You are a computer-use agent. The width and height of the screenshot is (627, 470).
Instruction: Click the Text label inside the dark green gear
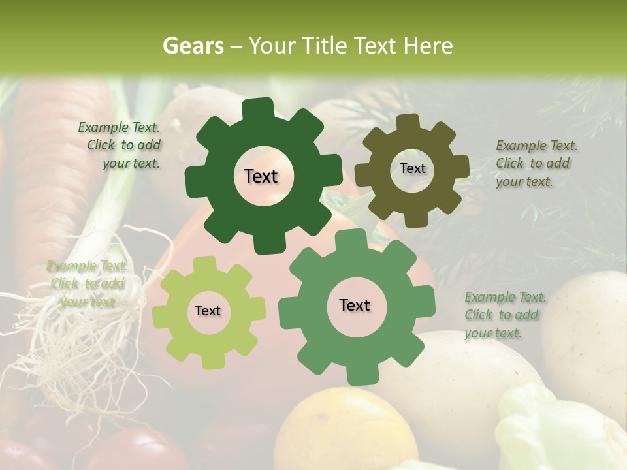coord(261,176)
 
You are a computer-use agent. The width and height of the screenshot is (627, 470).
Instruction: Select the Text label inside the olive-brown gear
coord(412,168)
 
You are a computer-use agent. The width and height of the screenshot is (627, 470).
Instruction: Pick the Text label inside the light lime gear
coord(208,311)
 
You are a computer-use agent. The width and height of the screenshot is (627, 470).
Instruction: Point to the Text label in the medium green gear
coord(355,305)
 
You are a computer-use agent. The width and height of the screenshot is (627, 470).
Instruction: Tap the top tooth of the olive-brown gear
coord(408,122)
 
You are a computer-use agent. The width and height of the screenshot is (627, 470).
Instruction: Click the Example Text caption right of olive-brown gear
coord(536,163)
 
